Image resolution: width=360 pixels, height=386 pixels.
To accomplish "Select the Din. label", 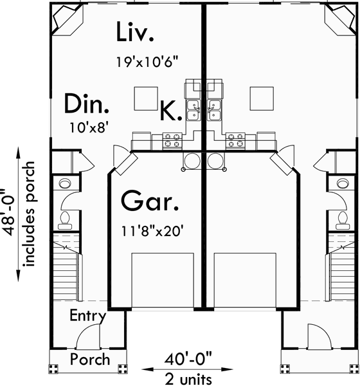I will [x=86, y=104].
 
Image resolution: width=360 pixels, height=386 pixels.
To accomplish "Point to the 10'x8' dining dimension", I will [x=88, y=127].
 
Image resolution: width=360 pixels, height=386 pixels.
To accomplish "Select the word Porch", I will [x=89, y=359].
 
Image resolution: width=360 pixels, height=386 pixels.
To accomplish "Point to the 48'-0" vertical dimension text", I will [x=8, y=212].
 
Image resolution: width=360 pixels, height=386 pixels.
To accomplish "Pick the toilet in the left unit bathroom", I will [x=64, y=221].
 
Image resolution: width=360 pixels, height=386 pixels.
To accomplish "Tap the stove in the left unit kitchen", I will [x=172, y=140].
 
